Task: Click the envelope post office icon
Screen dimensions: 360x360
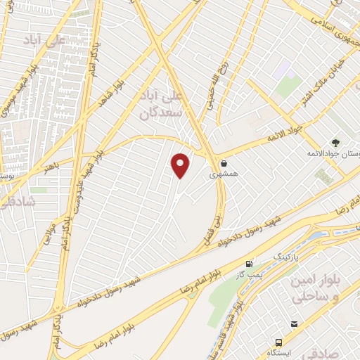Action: (x=294, y=324)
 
